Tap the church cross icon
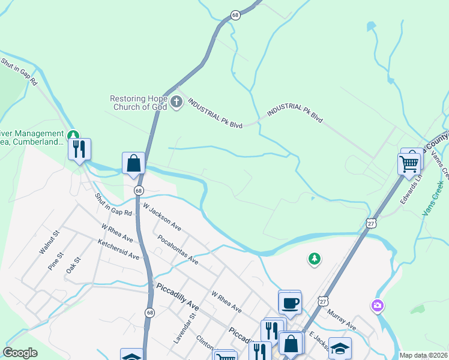tap(176, 101)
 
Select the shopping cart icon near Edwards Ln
tap(409, 163)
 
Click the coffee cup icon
tap(290, 303)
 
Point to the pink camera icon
tap(377, 306)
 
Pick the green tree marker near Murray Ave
tap(313, 259)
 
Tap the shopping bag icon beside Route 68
tap(133, 164)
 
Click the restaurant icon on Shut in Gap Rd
tap(79, 149)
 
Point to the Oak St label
tap(73, 266)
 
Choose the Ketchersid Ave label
tap(119, 249)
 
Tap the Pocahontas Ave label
tap(178, 250)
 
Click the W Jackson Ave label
tap(161, 216)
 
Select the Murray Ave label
tap(342, 320)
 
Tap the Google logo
tap(20, 353)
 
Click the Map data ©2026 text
tap(423, 355)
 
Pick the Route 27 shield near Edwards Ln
tap(371, 223)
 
